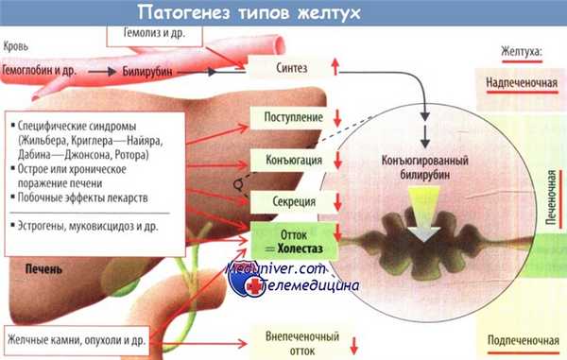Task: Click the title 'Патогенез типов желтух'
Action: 251,13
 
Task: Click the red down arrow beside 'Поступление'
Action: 335,117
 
